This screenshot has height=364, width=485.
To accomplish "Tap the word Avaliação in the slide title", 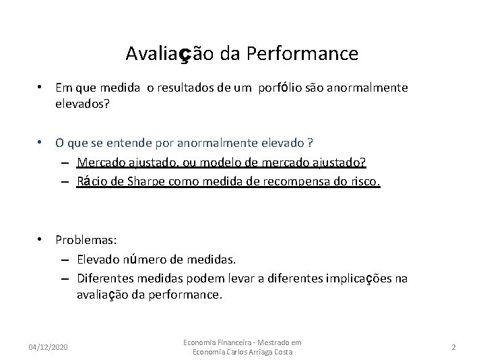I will click(x=166, y=53).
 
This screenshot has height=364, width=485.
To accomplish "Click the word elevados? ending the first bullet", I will click(x=82, y=104).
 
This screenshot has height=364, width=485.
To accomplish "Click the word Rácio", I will click(x=92, y=181).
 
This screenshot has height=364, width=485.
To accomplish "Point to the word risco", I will click(x=366, y=181).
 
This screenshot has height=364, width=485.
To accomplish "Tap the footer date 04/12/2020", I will click(x=48, y=346).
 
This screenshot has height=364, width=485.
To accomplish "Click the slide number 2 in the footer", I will click(x=454, y=346).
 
